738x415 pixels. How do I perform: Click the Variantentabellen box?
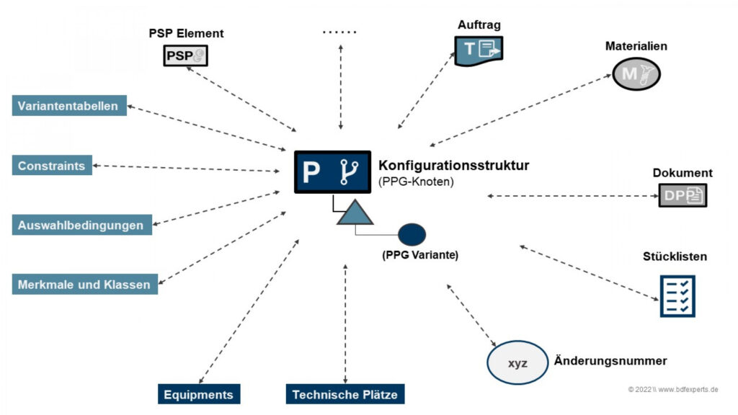(69, 105)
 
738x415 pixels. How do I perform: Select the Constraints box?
(52, 165)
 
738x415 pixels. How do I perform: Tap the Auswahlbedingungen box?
(82, 225)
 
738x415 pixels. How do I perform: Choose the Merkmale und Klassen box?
(85, 284)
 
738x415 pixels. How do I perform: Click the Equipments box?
(199, 394)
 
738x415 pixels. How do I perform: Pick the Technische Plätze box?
(345, 394)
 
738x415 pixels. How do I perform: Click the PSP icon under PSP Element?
(185, 55)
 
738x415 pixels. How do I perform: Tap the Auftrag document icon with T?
(479, 50)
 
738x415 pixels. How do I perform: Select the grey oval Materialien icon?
(636, 74)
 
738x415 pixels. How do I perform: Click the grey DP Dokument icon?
(683, 195)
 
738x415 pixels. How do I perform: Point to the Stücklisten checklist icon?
(677, 296)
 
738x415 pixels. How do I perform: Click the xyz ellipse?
(517, 363)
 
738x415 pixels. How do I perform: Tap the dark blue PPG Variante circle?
(412, 234)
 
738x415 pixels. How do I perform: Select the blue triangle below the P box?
(355, 213)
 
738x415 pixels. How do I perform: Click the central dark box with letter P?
(332, 171)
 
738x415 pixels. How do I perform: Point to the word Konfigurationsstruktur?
(454, 165)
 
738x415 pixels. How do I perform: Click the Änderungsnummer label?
(610, 361)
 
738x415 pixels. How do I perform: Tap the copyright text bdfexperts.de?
(673, 389)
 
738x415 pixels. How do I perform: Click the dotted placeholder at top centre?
(339, 32)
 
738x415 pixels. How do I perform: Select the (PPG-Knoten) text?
(416, 182)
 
